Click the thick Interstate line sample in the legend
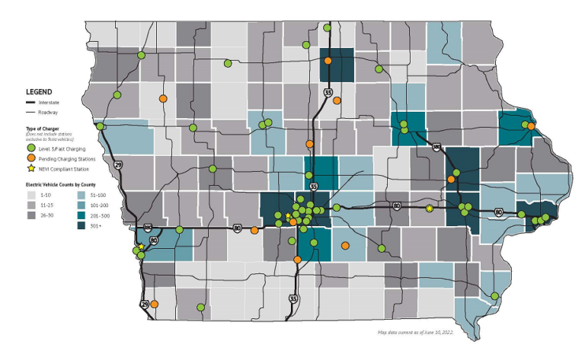33,102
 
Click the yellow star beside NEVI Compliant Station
31,167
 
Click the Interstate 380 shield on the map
436,145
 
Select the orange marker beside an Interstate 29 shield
154,304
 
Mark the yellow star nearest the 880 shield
141,247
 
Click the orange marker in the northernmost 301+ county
328,61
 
